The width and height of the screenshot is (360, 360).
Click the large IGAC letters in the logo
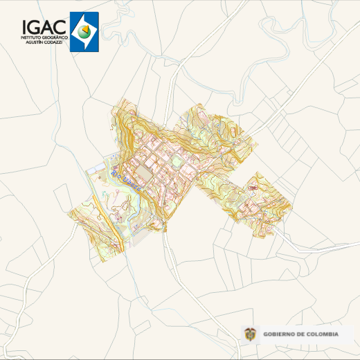pos(44,26)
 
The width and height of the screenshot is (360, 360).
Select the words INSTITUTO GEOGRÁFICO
pos(44,37)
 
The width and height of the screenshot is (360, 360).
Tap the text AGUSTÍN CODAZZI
pos(44,42)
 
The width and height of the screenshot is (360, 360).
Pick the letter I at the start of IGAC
pos(25,26)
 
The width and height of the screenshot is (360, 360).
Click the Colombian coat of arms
pos(250,334)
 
